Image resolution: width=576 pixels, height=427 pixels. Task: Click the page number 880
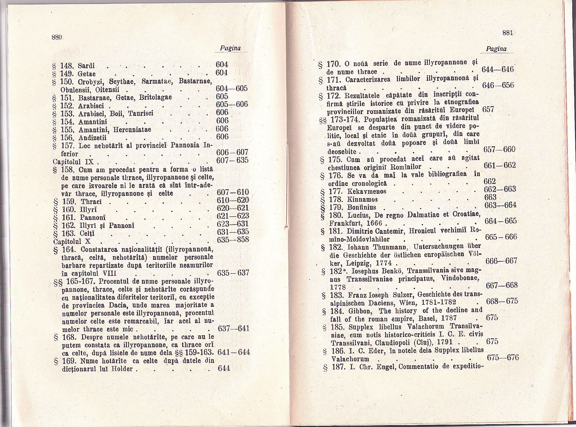pyautogui.click(x=56, y=37)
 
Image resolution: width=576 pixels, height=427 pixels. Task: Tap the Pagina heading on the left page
pyautogui.click(x=230, y=48)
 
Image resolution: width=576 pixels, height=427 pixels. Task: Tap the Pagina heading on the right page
pyautogui.click(x=496, y=49)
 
